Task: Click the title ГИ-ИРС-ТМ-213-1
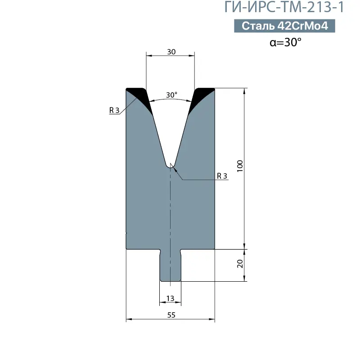coord(284,7)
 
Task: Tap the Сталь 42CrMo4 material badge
coord(284,26)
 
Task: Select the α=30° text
coord(285,42)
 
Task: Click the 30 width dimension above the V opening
coord(171,52)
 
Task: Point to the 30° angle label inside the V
coord(171,94)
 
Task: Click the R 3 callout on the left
coord(114,110)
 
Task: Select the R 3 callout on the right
coord(222,176)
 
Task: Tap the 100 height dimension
coord(240,166)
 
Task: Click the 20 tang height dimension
coord(240,264)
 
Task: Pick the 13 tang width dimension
coord(171,298)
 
